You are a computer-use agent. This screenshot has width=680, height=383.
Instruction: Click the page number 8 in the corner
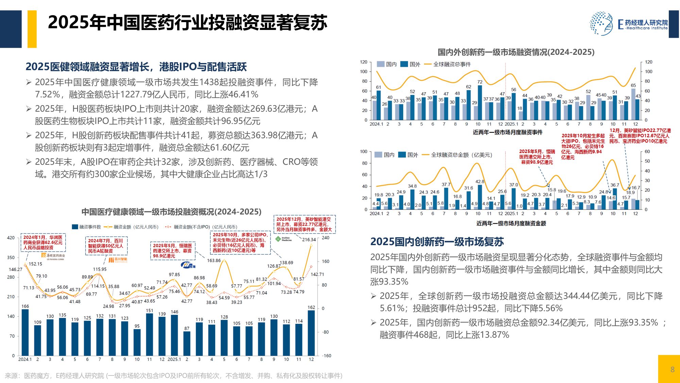pyautogui.click(x=672, y=369)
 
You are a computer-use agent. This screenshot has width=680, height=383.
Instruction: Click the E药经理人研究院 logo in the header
pyautogui.click(x=629, y=23)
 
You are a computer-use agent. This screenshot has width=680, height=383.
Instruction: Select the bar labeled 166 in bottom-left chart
pyautogui.click(x=25, y=332)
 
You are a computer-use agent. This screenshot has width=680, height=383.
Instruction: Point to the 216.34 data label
pyautogui.click(x=309, y=240)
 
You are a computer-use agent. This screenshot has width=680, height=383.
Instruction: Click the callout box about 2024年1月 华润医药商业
pyautogui.click(x=43, y=242)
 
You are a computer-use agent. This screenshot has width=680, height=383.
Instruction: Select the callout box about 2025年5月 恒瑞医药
pyautogui.click(x=172, y=251)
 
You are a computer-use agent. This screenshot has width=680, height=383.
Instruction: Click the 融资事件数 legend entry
pyautogui.click(x=87, y=227)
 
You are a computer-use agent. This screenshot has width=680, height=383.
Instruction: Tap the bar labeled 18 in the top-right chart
pyautogui.click(x=520, y=115)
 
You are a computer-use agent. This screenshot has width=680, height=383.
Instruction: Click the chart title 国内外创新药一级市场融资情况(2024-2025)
pyautogui.click(x=516, y=52)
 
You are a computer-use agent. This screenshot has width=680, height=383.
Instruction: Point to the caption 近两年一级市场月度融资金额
pyautogui.click(x=511, y=223)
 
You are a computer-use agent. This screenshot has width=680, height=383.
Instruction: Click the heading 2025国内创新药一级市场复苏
pyautogui.click(x=437, y=242)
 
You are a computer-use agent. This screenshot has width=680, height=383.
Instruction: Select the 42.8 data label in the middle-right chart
pyautogui.click(x=480, y=182)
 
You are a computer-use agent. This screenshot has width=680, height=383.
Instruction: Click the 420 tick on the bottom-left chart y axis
pyautogui.click(x=11, y=238)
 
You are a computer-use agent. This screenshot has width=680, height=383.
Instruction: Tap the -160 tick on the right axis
pyautogui.click(x=326, y=356)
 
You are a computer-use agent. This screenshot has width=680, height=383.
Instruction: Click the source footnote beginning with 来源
pyautogui.click(x=173, y=376)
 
